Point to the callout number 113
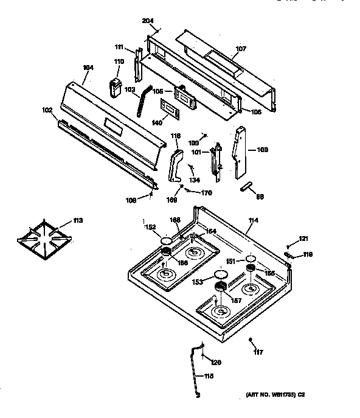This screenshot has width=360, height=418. pyautogui.click(x=78, y=220)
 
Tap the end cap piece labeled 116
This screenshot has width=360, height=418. pyautogui.click(x=175, y=167)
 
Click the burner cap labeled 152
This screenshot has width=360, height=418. pyautogui.click(x=166, y=243)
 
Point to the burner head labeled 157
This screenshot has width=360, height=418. pyautogui.click(x=220, y=287)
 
